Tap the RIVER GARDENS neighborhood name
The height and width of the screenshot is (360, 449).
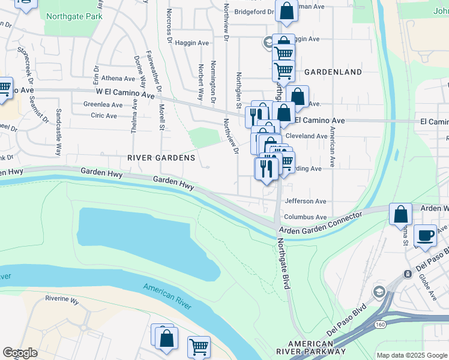coord(161,158)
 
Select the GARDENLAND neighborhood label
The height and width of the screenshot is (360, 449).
coord(333,72)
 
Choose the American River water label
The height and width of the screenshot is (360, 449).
coord(167,296)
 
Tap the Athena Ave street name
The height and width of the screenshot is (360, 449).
coord(118,79)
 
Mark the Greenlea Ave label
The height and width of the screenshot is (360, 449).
coord(103,104)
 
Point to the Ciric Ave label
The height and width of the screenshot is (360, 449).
coord(104,115)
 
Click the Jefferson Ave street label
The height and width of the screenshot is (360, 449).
coord(306,202)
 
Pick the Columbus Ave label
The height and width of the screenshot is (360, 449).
coord(306,217)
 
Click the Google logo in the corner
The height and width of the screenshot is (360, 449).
coord(20,353)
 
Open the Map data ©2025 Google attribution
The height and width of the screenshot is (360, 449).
coord(411,355)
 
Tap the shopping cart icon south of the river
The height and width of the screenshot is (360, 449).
coord(199,347)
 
